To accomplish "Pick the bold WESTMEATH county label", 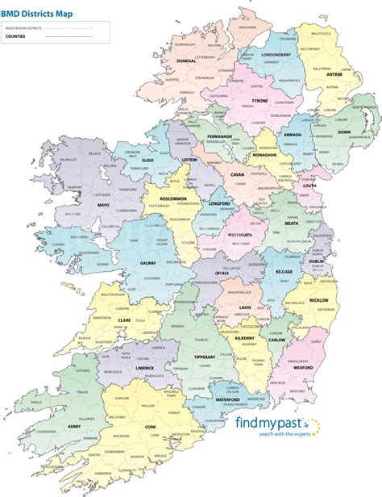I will pos(243,235).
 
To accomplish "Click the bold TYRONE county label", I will pos(260,102).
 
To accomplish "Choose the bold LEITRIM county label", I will pos(189,161).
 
